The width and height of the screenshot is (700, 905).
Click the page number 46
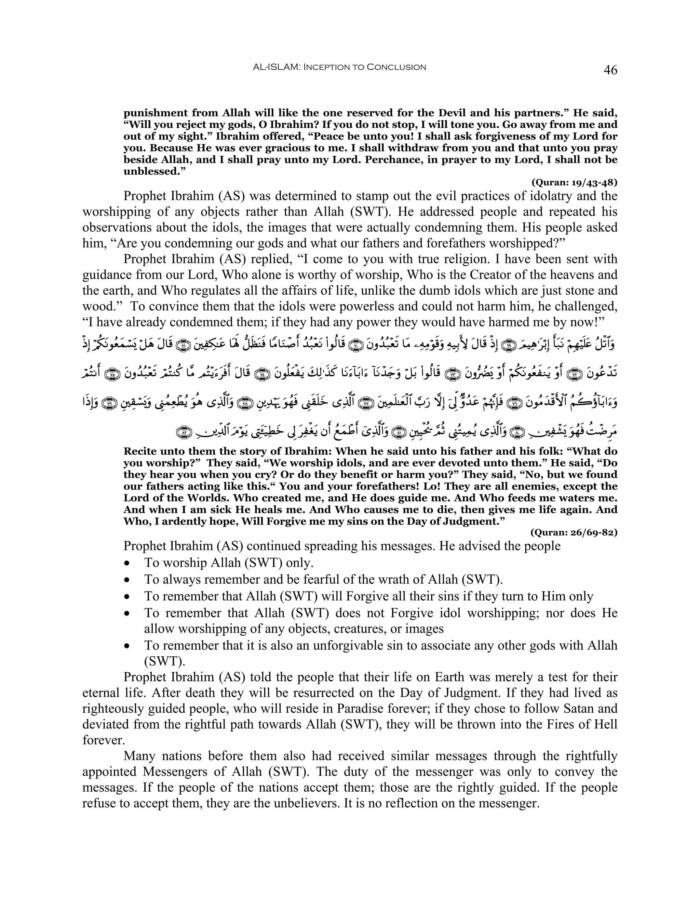[610, 70]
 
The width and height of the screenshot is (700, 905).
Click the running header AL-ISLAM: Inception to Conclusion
[339, 67]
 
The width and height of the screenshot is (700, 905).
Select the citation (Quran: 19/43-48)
[574, 182]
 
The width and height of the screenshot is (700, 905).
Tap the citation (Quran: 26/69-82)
[574, 532]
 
